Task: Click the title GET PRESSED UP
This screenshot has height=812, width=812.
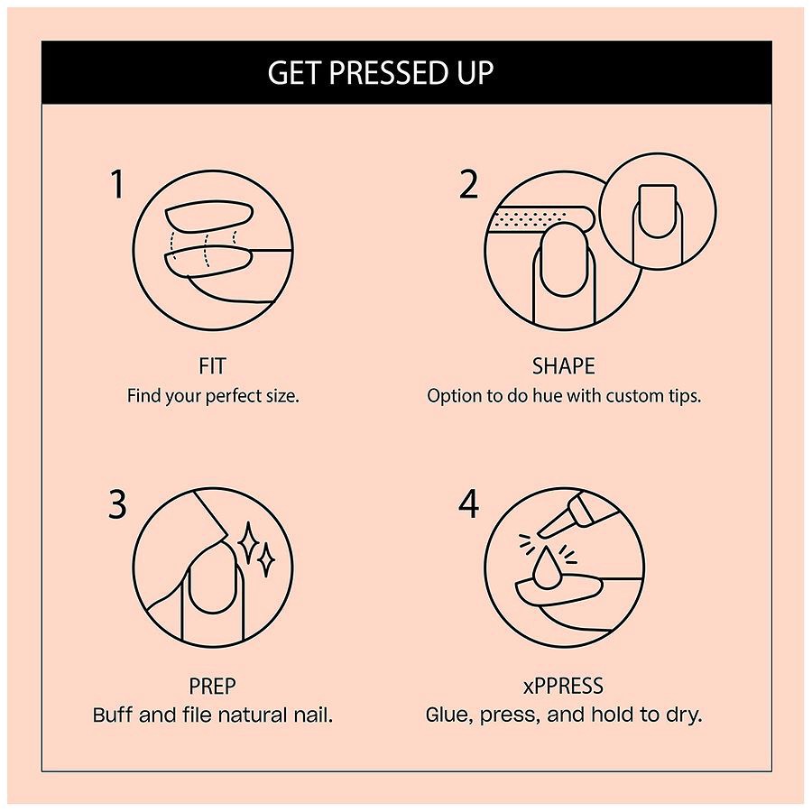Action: pos(380,72)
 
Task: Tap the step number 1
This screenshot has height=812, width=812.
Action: pos(117,184)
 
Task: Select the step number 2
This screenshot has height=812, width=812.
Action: pos(468,184)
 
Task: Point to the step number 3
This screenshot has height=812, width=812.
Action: pos(117,504)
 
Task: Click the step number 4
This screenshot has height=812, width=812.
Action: pos(468,504)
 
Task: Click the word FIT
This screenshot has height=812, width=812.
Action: pos(212,366)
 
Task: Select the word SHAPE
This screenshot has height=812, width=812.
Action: pos(563,366)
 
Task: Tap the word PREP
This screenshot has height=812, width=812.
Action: pos(212,687)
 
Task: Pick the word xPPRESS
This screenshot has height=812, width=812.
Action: pos(563,687)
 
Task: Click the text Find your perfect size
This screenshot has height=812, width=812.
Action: pos(212,395)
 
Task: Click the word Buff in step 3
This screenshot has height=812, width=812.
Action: pos(114,715)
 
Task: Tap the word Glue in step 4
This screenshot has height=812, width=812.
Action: pos(447,715)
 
